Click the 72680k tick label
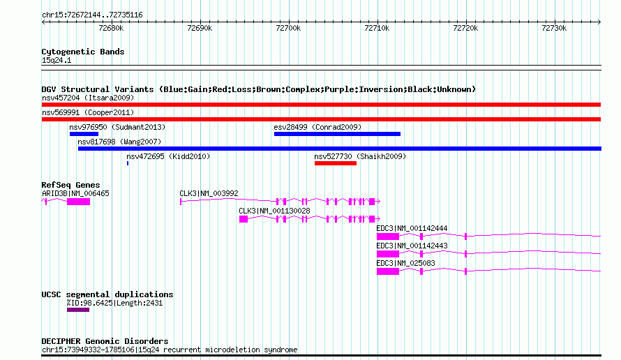111,28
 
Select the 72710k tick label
377,28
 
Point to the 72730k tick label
554,28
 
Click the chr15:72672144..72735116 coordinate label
92,15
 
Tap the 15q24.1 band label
57,60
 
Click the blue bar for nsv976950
84,134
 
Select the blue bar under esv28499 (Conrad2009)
338,134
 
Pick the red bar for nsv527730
336,163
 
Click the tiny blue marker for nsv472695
128,163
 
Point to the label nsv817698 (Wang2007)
119,142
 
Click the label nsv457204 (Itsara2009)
88,98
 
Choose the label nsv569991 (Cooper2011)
88,112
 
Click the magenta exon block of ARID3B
78,202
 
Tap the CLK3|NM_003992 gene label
209,193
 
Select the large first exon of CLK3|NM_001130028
244,219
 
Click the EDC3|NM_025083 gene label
405,263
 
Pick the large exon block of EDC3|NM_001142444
388,237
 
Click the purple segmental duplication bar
78,310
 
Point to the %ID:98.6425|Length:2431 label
114,303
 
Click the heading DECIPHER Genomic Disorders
105,341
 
